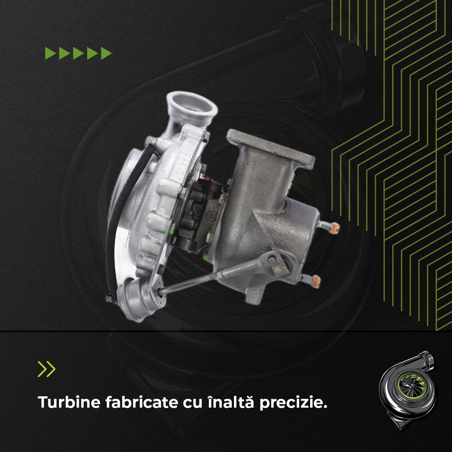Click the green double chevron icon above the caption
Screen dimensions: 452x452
pyautogui.click(x=46, y=369)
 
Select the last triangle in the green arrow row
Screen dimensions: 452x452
pyautogui.click(x=106, y=53)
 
